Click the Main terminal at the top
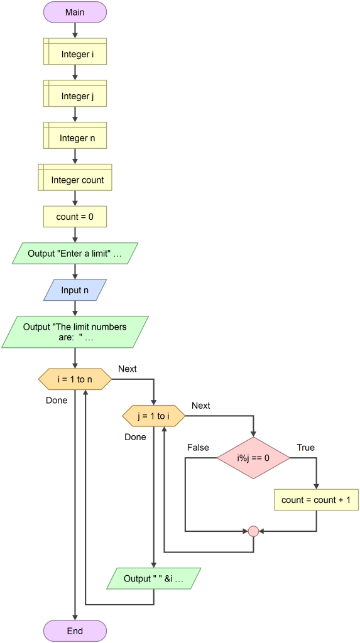pyautogui.click(x=75, y=13)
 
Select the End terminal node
pyautogui.click(x=75, y=631)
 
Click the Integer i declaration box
pyautogui.click(x=75, y=55)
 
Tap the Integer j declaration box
pyautogui.click(x=75, y=96)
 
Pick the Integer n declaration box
pyautogui.click(x=75, y=138)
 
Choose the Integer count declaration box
pyautogui.click(x=75, y=180)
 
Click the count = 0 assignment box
pyautogui.click(x=75, y=217)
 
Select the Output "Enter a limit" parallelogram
pyautogui.click(x=75, y=254)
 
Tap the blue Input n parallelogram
pyautogui.click(x=75, y=290)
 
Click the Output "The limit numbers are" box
pyautogui.click(x=75, y=332)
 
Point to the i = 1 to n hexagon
pyautogui.click(x=75, y=379)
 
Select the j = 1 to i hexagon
pyautogui.click(x=153, y=416)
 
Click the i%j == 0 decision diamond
pyautogui.click(x=253, y=458)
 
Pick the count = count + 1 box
pyautogui.click(x=316, y=500)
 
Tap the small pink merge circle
pyautogui.click(x=253, y=531)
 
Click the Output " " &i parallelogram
pyautogui.click(x=153, y=578)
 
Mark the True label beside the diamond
pyautogui.click(x=306, y=448)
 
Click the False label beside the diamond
pyautogui.click(x=198, y=448)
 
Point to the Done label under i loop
pyautogui.click(x=57, y=400)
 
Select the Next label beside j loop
pyautogui.click(x=200, y=406)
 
